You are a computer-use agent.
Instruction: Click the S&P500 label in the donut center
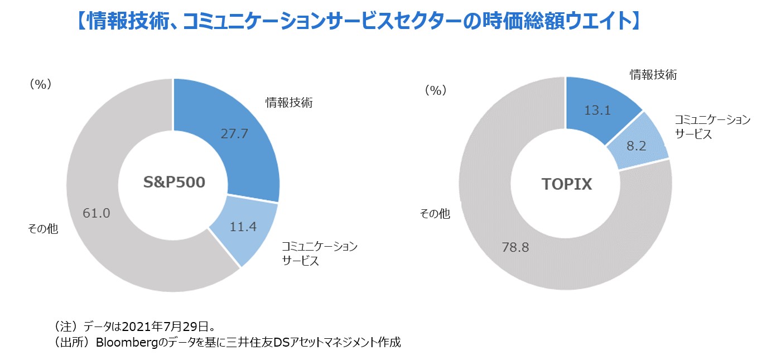[x=173, y=183]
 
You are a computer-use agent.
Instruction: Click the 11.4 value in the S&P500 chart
[x=243, y=227]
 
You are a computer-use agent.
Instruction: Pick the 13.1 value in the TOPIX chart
[x=597, y=111]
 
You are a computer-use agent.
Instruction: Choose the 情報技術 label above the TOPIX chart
[x=653, y=75]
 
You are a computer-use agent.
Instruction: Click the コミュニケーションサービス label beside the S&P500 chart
[x=319, y=253]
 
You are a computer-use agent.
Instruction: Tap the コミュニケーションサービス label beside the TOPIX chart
[x=712, y=127]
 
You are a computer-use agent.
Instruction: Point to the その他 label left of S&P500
[x=43, y=229]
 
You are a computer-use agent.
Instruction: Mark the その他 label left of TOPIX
[x=435, y=214]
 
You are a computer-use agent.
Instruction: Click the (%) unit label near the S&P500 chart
[x=40, y=84]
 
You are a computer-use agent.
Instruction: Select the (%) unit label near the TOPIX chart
[x=436, y=90]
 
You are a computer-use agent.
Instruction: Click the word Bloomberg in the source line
[x=123, y=342]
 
